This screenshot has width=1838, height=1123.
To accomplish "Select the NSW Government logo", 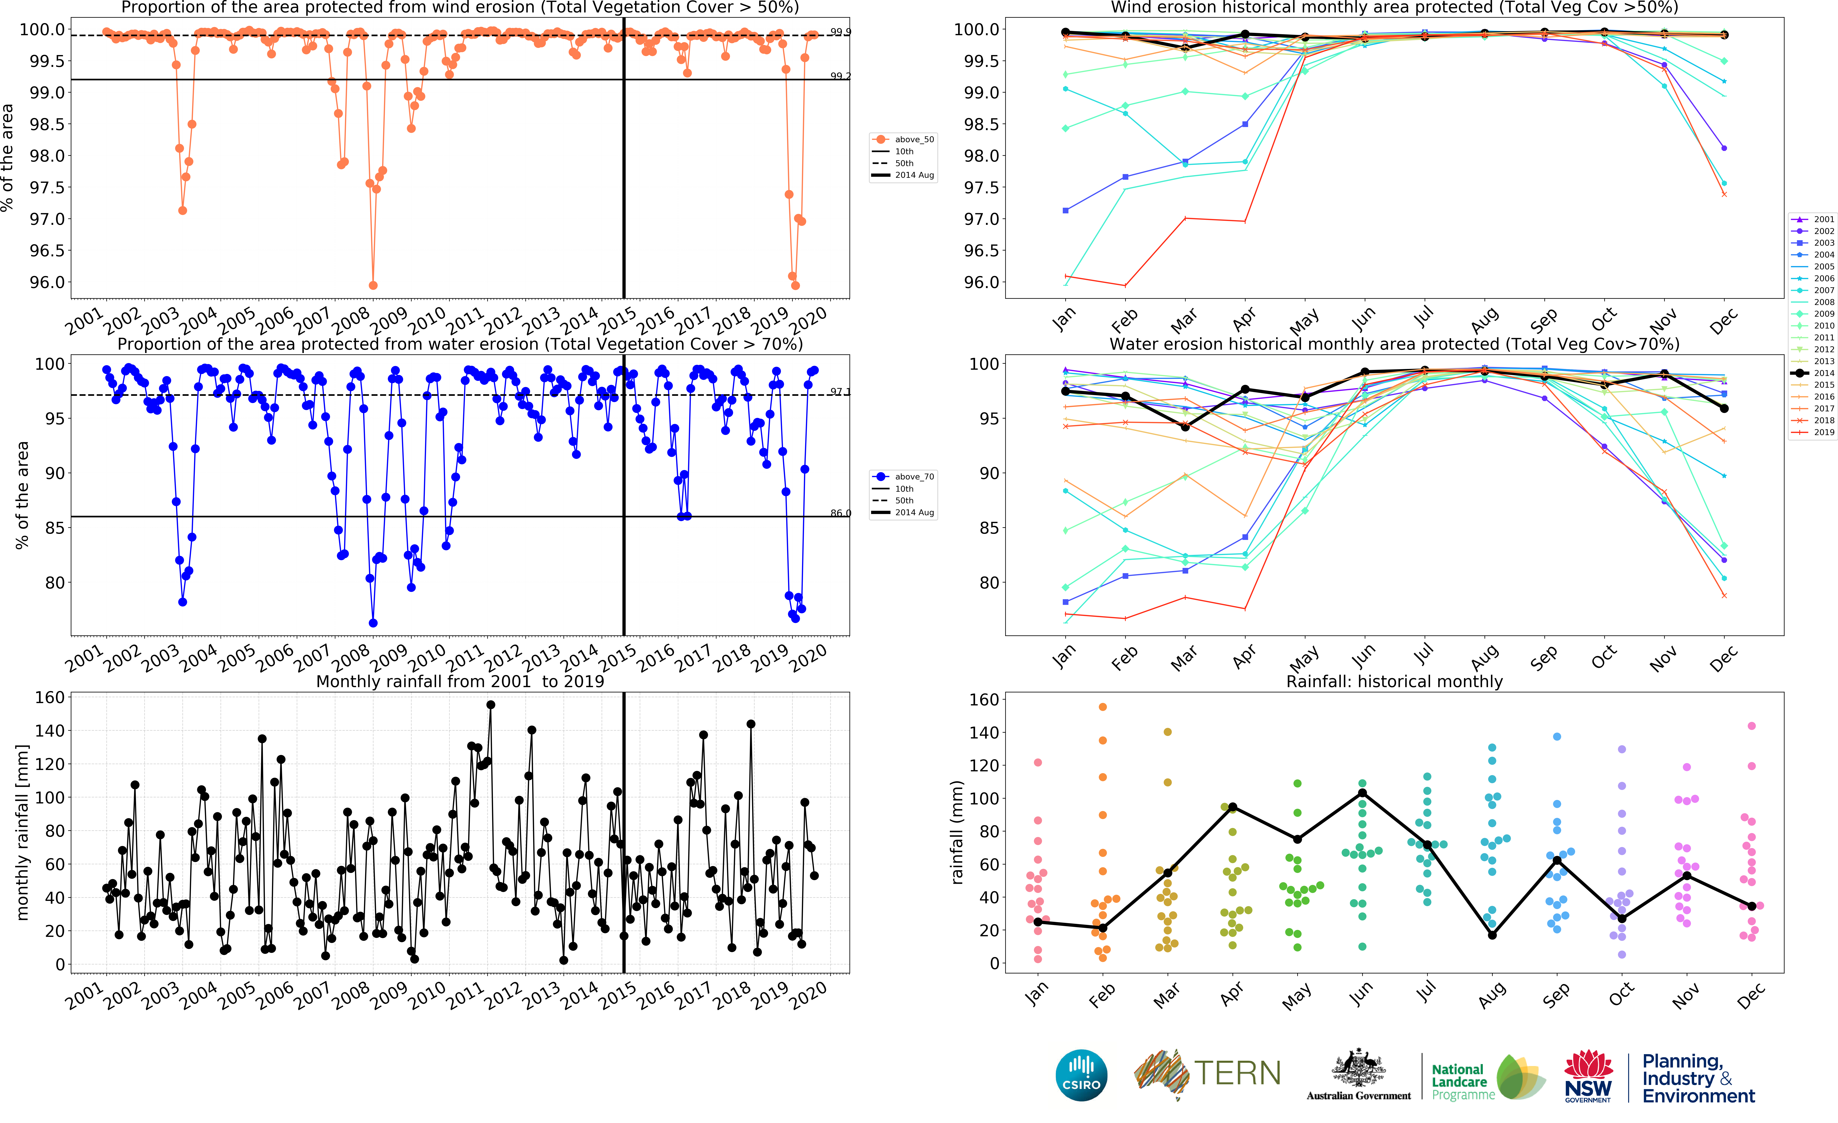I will [x=1588, y=1075].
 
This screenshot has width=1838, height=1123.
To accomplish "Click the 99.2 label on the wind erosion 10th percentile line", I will [x=841, y=76].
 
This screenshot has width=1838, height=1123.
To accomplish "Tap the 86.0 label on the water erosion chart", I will [x=841, y=513].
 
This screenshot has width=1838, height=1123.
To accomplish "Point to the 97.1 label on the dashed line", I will [x=841, y=392].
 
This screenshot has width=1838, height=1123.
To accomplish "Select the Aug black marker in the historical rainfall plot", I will [x=1492, y=935].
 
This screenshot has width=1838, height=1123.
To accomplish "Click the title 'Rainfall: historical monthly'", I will [x=1394, y=681].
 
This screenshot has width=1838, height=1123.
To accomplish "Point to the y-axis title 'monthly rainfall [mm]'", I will [x=22, y=832].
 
